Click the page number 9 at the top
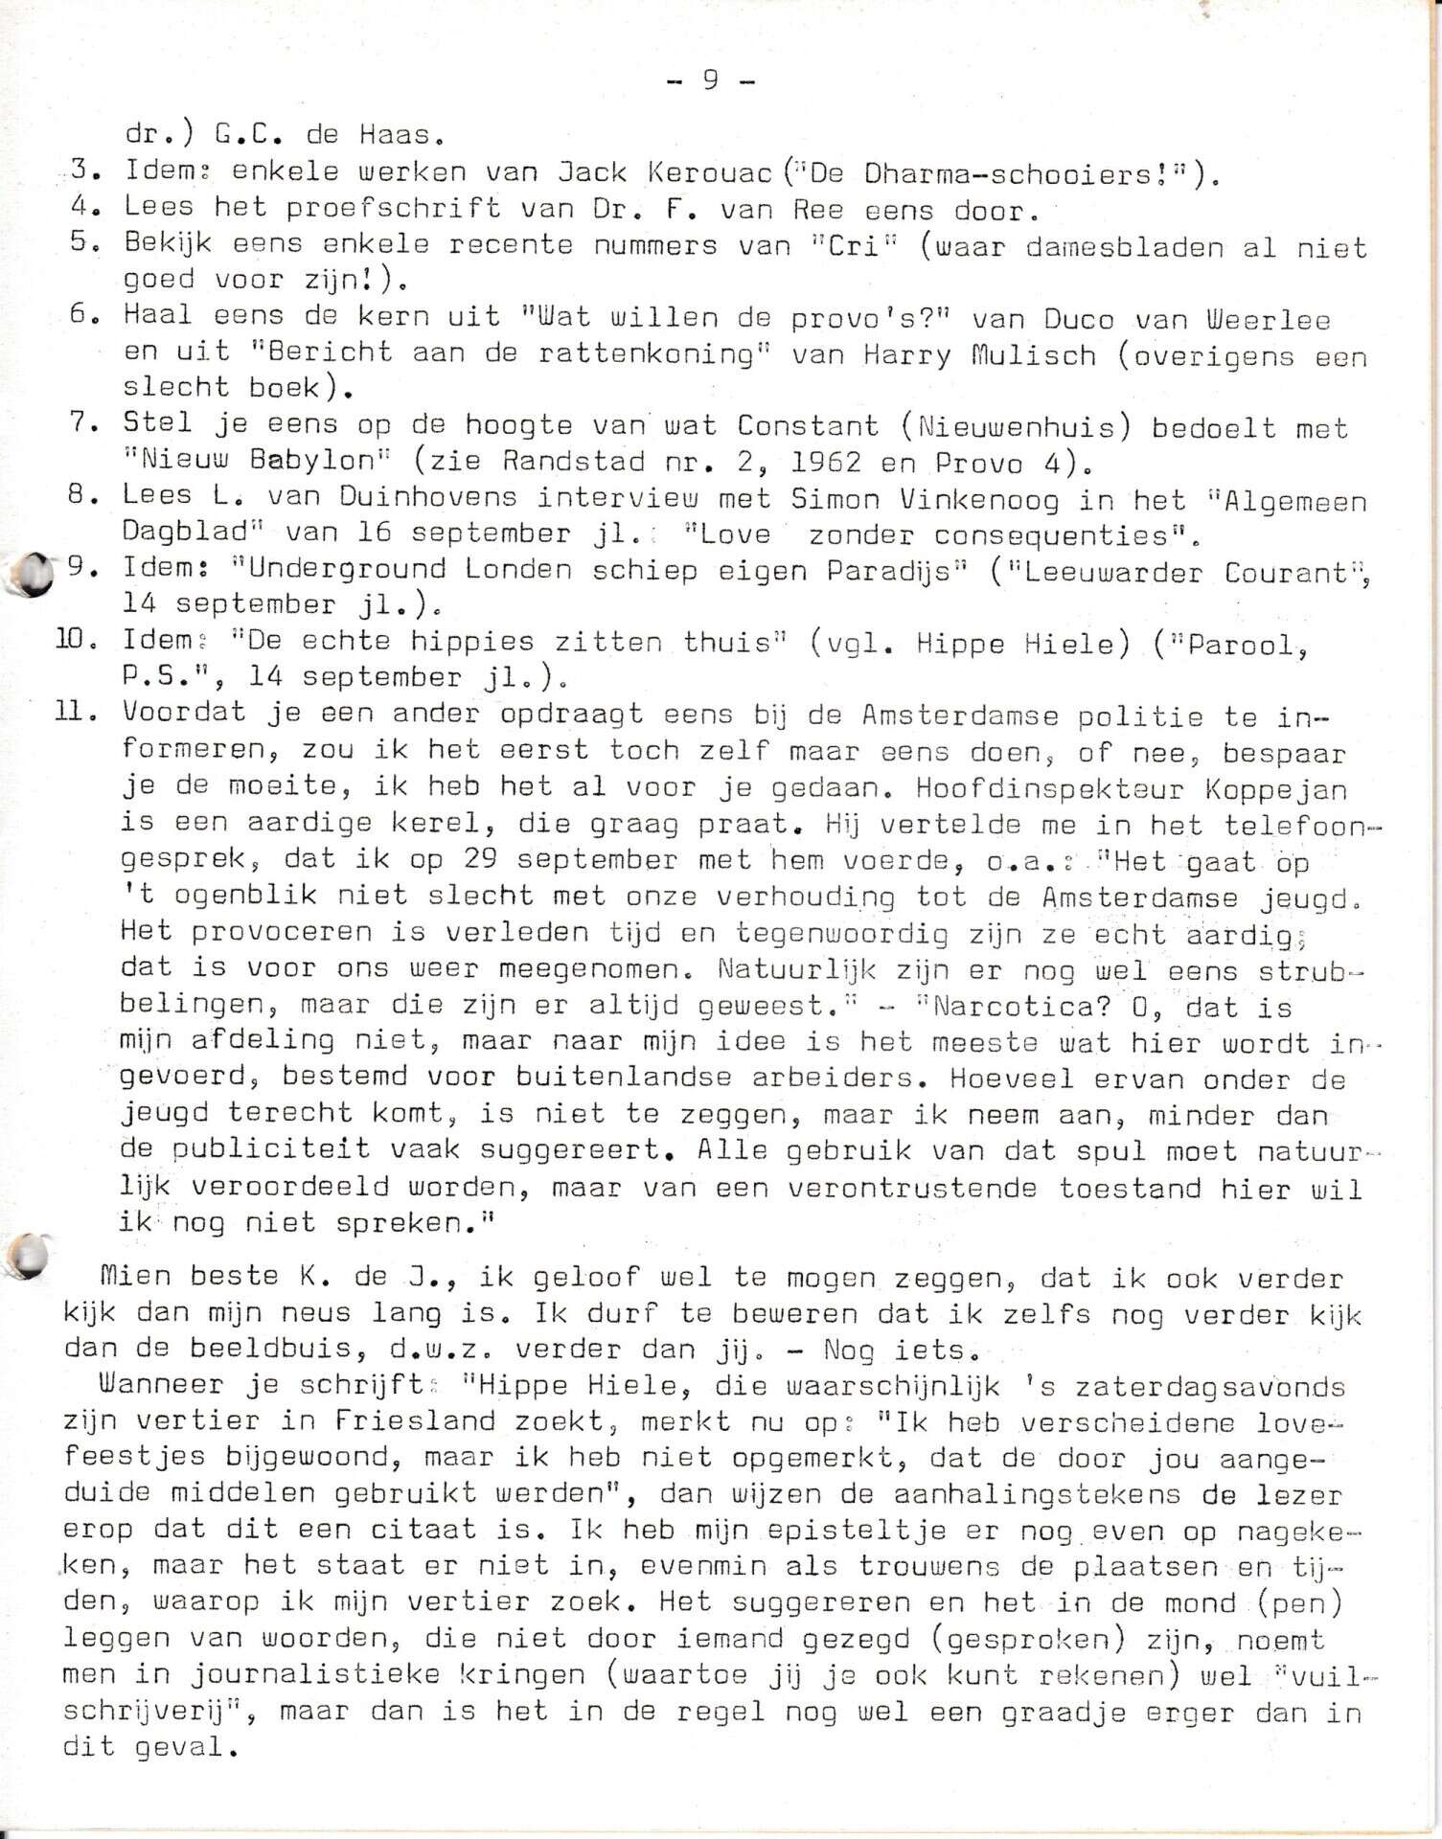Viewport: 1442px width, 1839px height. click(710, 80)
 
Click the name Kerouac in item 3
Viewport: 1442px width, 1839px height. click(708, 172)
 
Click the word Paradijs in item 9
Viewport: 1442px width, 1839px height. click(882, 570)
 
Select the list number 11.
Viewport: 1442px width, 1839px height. click(79, 714)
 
